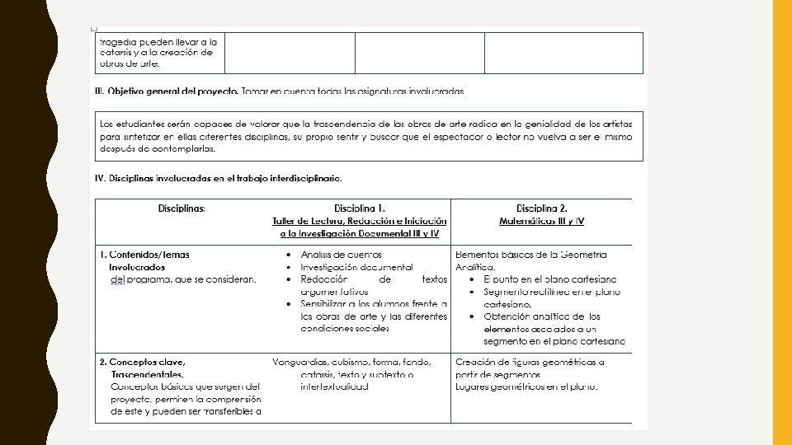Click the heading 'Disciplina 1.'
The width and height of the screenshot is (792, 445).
click(x=360, y=208)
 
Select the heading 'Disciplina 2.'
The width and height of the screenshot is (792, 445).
click(x=541, y=208)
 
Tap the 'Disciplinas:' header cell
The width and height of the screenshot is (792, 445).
click(x=181, y=208)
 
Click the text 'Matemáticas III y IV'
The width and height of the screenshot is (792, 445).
click(x=541, y=221)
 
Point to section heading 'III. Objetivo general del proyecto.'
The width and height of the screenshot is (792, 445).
click(x=167, y=91)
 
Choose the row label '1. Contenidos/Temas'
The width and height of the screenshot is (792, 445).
click(x=144, y=255)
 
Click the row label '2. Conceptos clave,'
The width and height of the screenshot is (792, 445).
click(x=142, y=362)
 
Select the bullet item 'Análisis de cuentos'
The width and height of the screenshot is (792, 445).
click(x=341, y=255)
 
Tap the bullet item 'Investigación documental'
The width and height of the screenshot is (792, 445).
click(x=356, y=267)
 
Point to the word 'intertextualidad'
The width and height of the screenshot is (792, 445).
click(x=334, y=386)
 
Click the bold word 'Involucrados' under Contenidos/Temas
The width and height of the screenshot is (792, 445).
click(x=137, y=267)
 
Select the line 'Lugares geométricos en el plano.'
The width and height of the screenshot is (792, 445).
click(x=526, y=386)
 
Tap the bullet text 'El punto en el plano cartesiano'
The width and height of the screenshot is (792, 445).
click(x=551, y=279)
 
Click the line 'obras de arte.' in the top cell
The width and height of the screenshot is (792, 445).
click(x=130, y=63)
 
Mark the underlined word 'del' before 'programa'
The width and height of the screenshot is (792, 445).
click(x=115, y=279)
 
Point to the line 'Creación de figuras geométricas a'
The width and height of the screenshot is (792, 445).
click(x=530, y=362)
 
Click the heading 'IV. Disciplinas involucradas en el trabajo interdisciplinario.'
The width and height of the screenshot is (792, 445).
click(x=219, y=177)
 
